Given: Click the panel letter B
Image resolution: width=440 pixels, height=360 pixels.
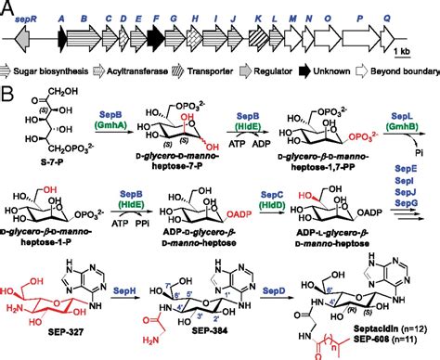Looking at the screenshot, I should click(9, 95).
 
